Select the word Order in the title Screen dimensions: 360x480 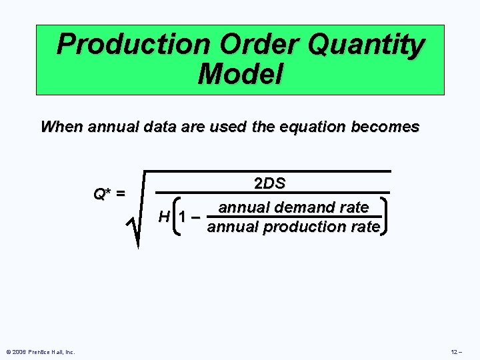coord(243,45)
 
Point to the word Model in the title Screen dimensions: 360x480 coord(240,73)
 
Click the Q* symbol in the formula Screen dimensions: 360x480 coord(102,194)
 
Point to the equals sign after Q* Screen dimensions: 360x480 coord(120,194)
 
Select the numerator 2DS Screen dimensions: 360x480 coord(270,184)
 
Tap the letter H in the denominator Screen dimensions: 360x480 coord(163,216)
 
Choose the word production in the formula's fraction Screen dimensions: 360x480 coord(305,227)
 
